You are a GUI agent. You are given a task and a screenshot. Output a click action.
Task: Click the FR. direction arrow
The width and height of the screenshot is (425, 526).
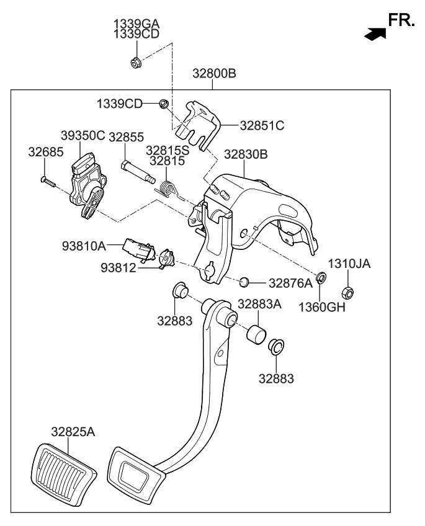(372, 35)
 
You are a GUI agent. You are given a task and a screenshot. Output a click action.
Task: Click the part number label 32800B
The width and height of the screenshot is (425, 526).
(213, 73)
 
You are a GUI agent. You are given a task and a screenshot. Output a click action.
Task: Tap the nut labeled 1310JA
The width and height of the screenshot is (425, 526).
(348, 292)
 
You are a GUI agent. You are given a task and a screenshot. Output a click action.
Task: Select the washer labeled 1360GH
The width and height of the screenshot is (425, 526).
(321, 277)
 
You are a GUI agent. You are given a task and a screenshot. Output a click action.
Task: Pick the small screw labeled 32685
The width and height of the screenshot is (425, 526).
(48, 181)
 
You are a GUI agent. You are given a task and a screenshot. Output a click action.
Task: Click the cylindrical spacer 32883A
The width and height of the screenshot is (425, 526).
(256, 334)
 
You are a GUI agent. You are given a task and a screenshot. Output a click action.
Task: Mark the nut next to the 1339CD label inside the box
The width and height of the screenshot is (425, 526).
(164, 104)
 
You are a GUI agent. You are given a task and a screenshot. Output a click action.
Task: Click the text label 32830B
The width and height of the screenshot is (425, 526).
(246, 154)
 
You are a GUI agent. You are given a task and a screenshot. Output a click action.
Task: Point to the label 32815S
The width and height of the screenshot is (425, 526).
(167, 149)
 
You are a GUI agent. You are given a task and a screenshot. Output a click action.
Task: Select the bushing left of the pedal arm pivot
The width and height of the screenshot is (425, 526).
(179, 290)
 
